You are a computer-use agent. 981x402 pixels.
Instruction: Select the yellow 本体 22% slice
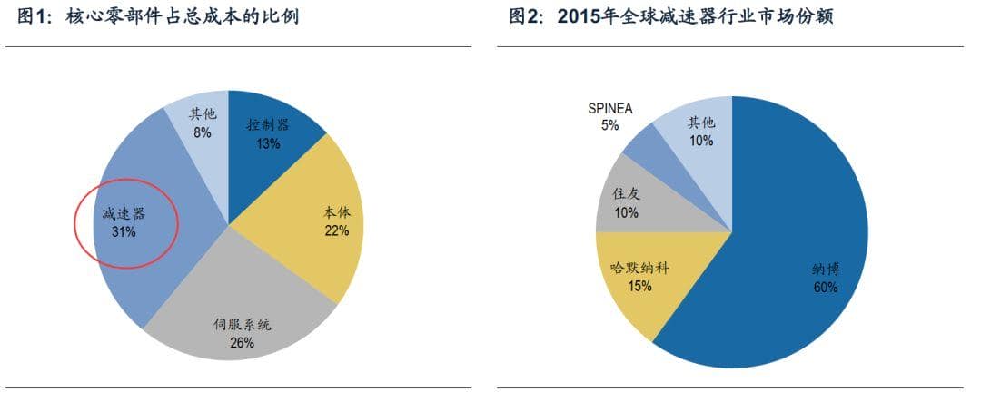click(327, 222)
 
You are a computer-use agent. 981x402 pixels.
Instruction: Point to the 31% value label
click(124, 232)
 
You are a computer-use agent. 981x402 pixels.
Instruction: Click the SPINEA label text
click(609, 109)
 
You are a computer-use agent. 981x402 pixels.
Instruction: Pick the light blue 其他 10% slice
click(700, 131)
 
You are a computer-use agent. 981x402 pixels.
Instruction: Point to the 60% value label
click(826, 288)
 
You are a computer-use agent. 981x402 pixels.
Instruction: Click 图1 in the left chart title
click(35, 16)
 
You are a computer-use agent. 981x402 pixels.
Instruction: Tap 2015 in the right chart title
click(578, 16)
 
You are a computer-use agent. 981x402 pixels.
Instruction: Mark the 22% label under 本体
click(336, 230)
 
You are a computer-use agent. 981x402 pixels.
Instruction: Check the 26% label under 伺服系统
click(242, 342)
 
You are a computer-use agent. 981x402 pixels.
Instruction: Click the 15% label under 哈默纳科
click(640, 286)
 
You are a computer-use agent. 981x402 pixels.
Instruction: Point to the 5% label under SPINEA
click(609, 125)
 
